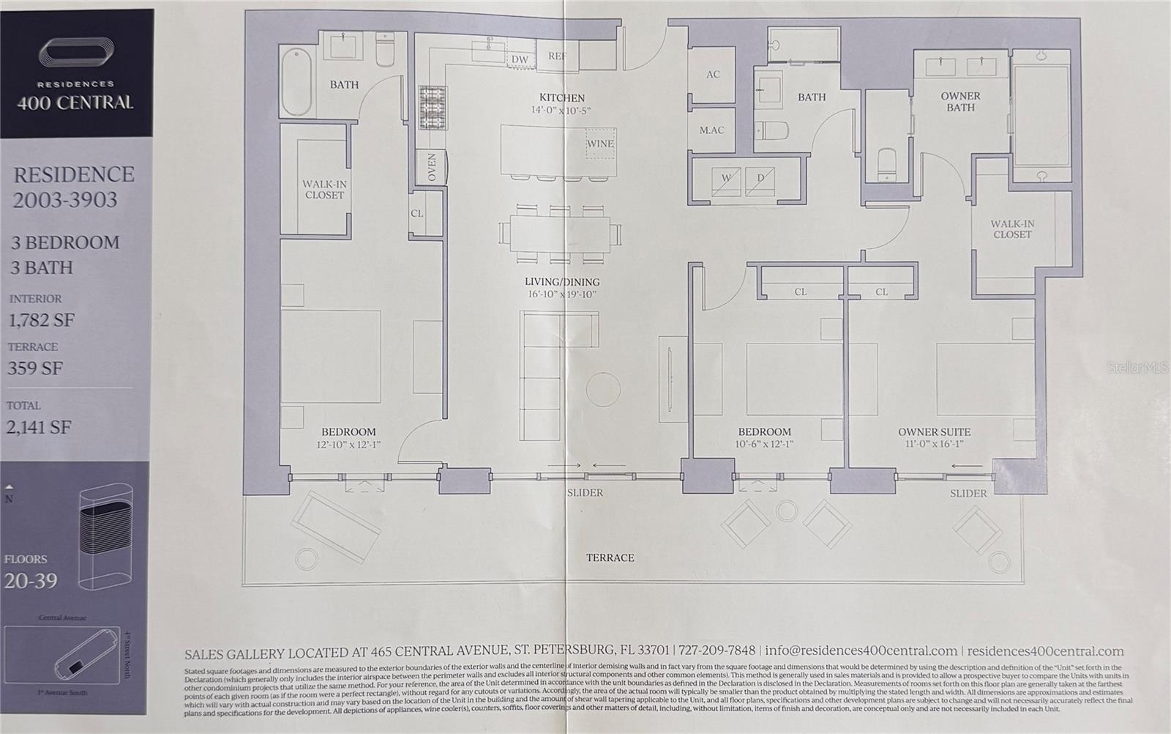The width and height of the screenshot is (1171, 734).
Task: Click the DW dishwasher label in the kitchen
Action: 520,59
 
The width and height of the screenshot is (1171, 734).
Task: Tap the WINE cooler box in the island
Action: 600,144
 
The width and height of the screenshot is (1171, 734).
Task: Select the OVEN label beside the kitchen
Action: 431,167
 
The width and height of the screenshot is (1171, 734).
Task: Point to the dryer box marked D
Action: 760,179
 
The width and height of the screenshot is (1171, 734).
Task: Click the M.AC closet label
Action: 711,130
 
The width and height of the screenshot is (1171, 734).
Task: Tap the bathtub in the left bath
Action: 296,81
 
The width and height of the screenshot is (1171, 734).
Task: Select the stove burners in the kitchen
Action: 432,108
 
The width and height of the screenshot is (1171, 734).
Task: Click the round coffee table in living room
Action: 603,388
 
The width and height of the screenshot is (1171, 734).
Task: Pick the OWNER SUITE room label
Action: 935,432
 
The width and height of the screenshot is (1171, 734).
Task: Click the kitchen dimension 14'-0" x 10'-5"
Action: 561,111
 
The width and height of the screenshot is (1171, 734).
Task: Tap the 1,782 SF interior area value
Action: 41,320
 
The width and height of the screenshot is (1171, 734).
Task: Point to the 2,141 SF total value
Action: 39,427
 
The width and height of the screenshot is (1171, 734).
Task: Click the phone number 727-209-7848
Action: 717,650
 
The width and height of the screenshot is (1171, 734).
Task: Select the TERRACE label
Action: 610,557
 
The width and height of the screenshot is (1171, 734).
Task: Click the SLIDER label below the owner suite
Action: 968,493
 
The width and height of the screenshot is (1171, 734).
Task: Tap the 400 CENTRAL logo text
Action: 75,103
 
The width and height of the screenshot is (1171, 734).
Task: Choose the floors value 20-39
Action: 31,581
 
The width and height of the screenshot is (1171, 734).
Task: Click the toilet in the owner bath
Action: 886,164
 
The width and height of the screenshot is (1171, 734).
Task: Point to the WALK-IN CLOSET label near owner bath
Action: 1012,229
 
